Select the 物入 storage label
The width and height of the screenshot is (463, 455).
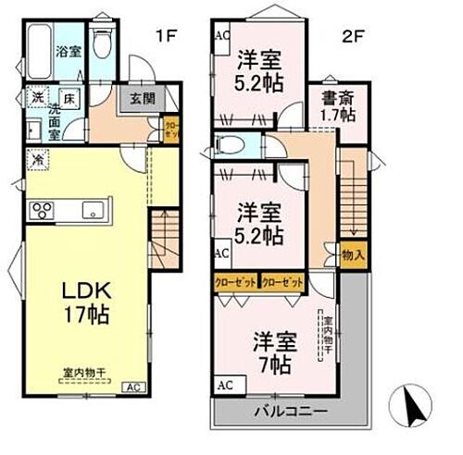[352, 253]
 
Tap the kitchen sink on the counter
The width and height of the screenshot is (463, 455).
[94, 207]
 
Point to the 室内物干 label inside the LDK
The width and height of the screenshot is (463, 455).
[86, 371]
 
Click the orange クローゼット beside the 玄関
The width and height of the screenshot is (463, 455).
[171, 129]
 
